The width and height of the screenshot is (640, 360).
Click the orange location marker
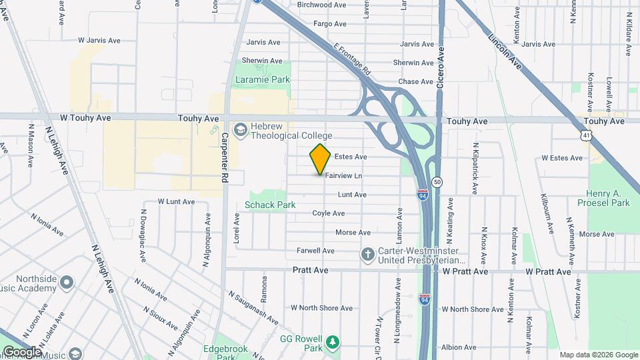click(321, 159)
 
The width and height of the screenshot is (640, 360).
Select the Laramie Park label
click(263, 79)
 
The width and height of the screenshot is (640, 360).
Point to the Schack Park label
click(270, 205)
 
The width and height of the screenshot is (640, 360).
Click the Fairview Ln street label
click(343, 176)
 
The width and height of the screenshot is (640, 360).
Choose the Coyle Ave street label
click(329, 213)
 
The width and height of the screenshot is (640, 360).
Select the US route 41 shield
click(585, 135)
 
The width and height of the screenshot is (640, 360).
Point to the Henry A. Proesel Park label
click(613, 198)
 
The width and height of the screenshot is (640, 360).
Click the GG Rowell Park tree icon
click(332, 343)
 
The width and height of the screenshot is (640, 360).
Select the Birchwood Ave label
click(322, 5)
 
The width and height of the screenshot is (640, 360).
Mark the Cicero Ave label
click(440, 70)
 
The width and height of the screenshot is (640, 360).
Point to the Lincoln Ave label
click(505, 51)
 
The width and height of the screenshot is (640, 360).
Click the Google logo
click(22, 352)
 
